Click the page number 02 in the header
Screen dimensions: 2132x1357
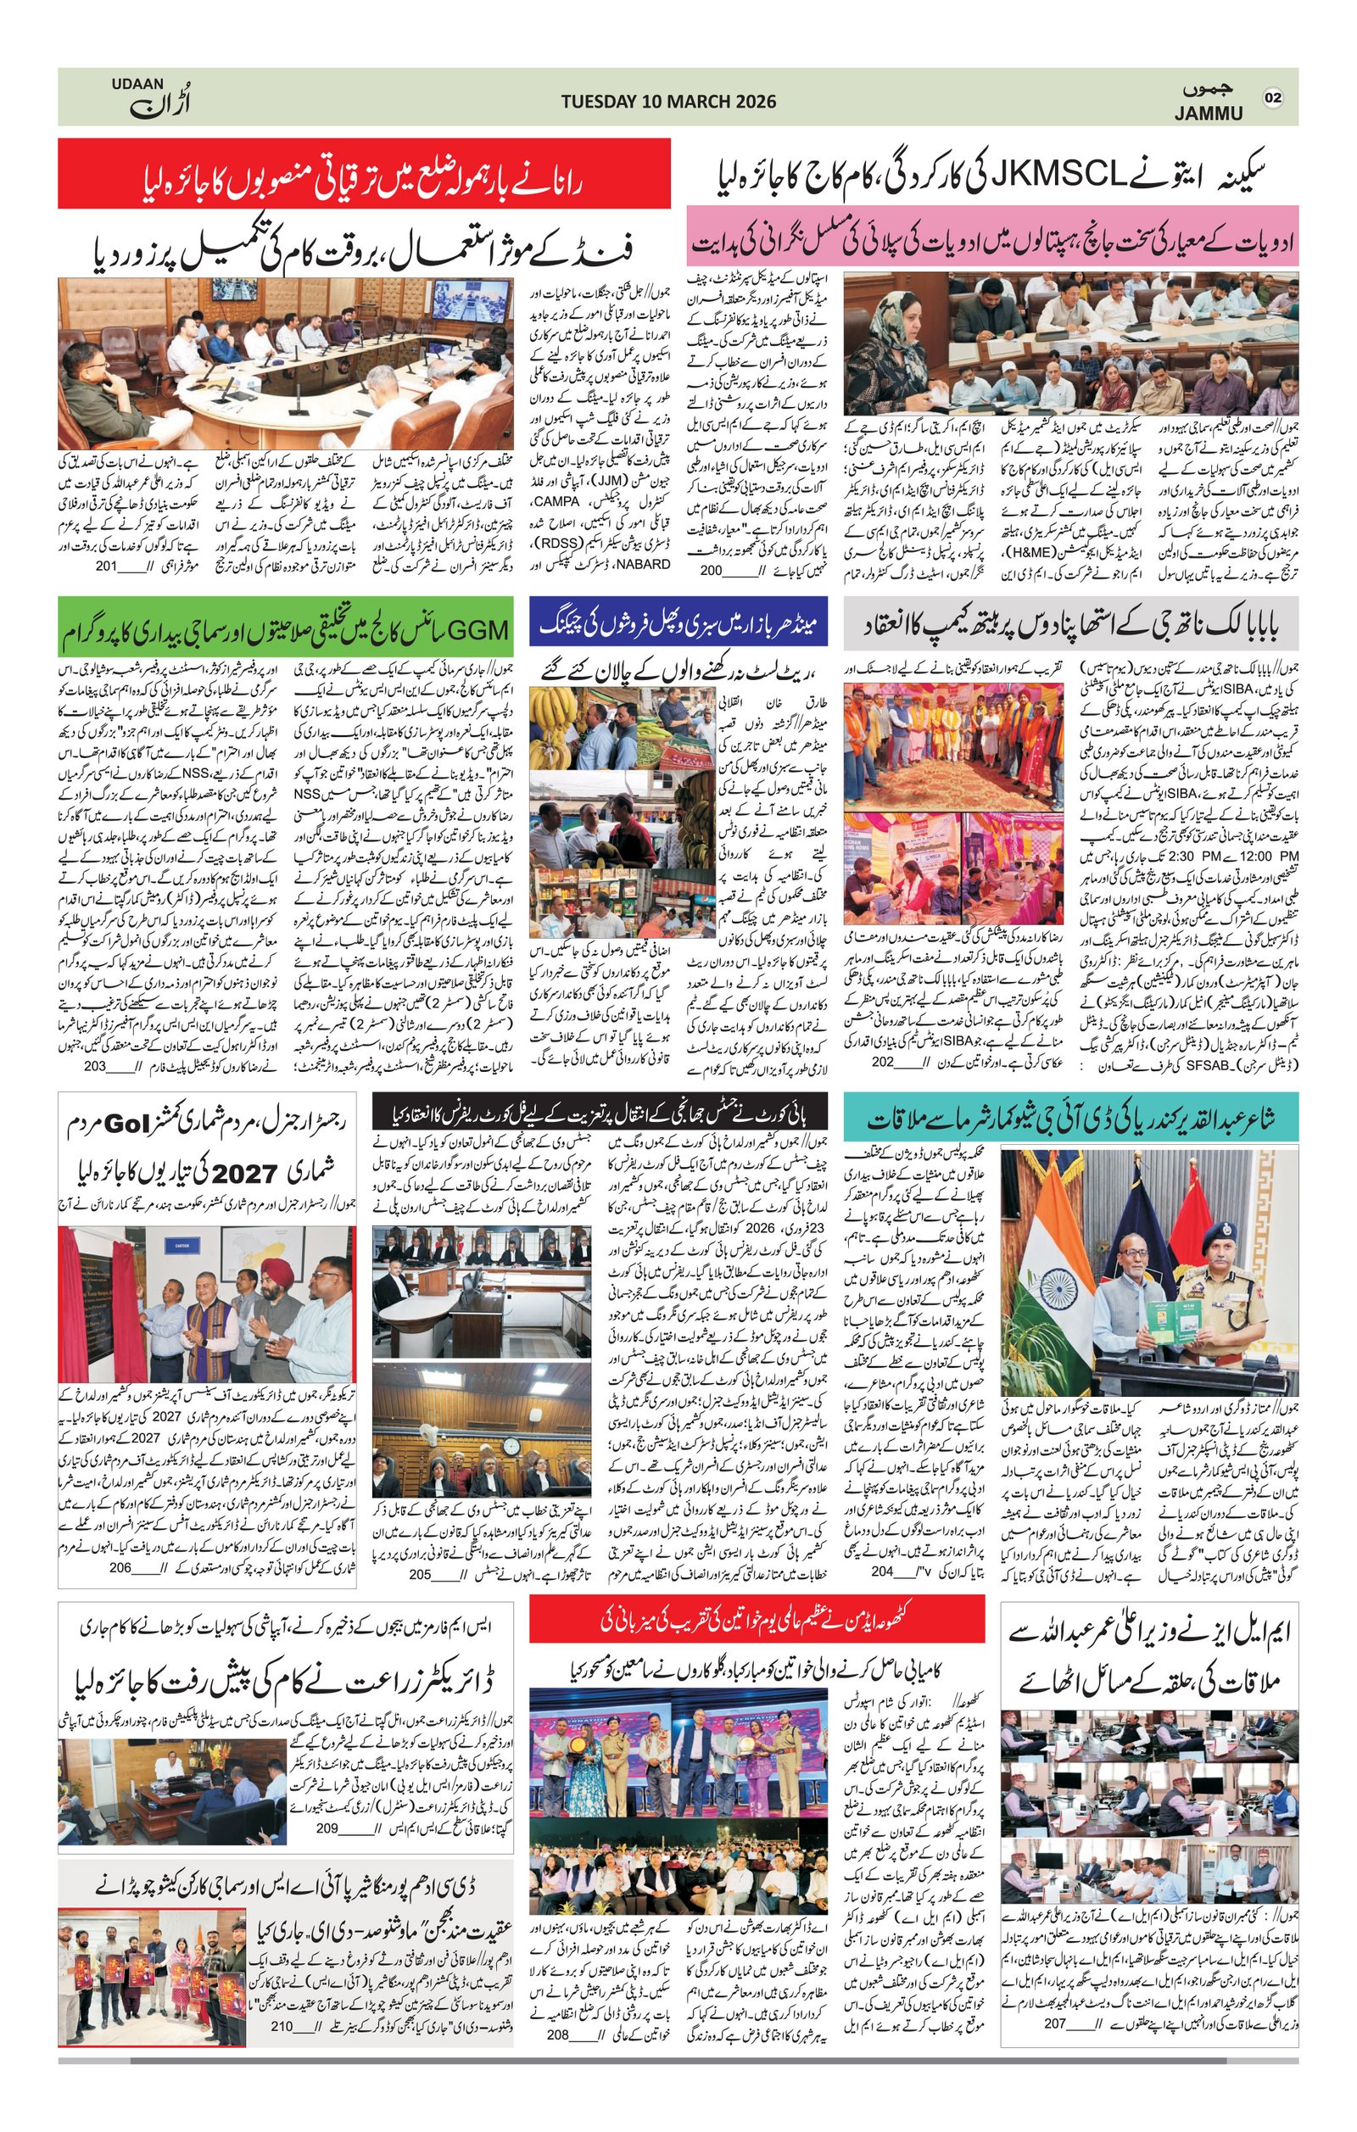click(1273, 98)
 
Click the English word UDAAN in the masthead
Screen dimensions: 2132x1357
click(138, 83)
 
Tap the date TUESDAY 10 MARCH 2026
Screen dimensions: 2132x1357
click(668, 101)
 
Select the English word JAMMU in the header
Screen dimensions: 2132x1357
click(1209, 114)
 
